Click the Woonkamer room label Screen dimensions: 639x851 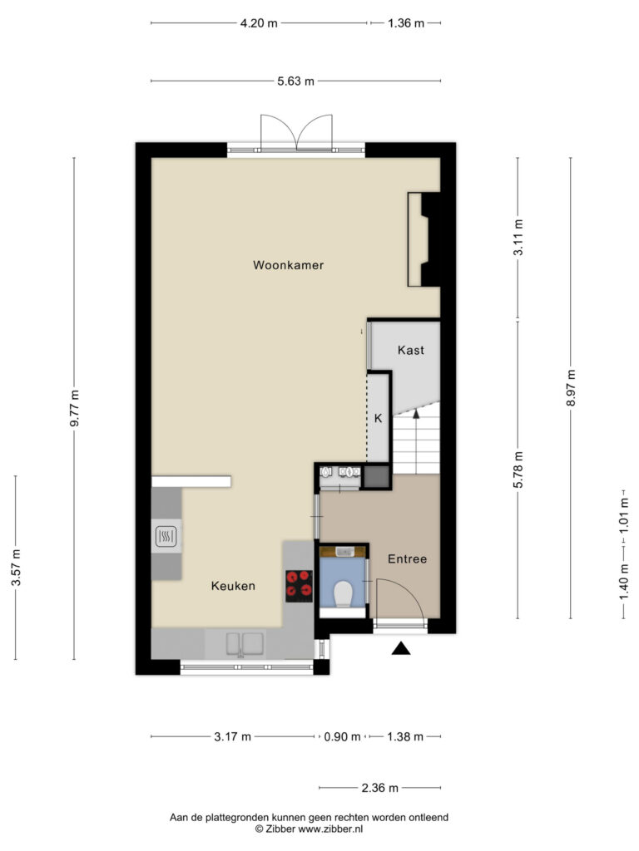pyautogui.click(x=289, y=265)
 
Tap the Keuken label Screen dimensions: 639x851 pyautogui.click(x=233, y=586)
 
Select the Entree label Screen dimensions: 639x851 pyautogui.click(x=407, y=559)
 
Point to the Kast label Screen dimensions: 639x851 pyautogui.click(x=411, y=350)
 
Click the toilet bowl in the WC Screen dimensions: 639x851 pyautogui.click(x=344, y=593)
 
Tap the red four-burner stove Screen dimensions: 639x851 pyautogui.click(x=300, y=586)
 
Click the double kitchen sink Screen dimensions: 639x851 pyautogui.click(x=245, y=644)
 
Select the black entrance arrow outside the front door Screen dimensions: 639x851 pyautogui.click(x=401, y=648)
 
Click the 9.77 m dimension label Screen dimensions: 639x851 pyautogui.click(x=74, y=408)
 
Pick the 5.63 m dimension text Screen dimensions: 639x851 pyautogui.click(x=295, y=81)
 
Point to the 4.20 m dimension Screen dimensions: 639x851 pyautogui.click(x=259, y=23)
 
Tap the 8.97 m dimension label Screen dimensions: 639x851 pyautogui.click(x=571, y=387)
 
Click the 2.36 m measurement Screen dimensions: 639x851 pyautogui.click(x=379, y=788)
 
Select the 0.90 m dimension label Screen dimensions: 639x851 pyautogui.click(x=342, y=737)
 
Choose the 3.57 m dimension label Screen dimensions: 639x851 pyautogui.click(x=16, y=568)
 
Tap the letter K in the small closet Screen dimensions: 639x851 pyautogui.click(x=379, y=419)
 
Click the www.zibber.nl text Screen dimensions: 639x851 pyautogui.click(x=330, y=829)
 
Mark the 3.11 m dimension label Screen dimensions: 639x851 pyautogui.click(x=518, y=237)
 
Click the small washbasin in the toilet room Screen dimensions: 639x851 pyautogui.click(x=344, y=552)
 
